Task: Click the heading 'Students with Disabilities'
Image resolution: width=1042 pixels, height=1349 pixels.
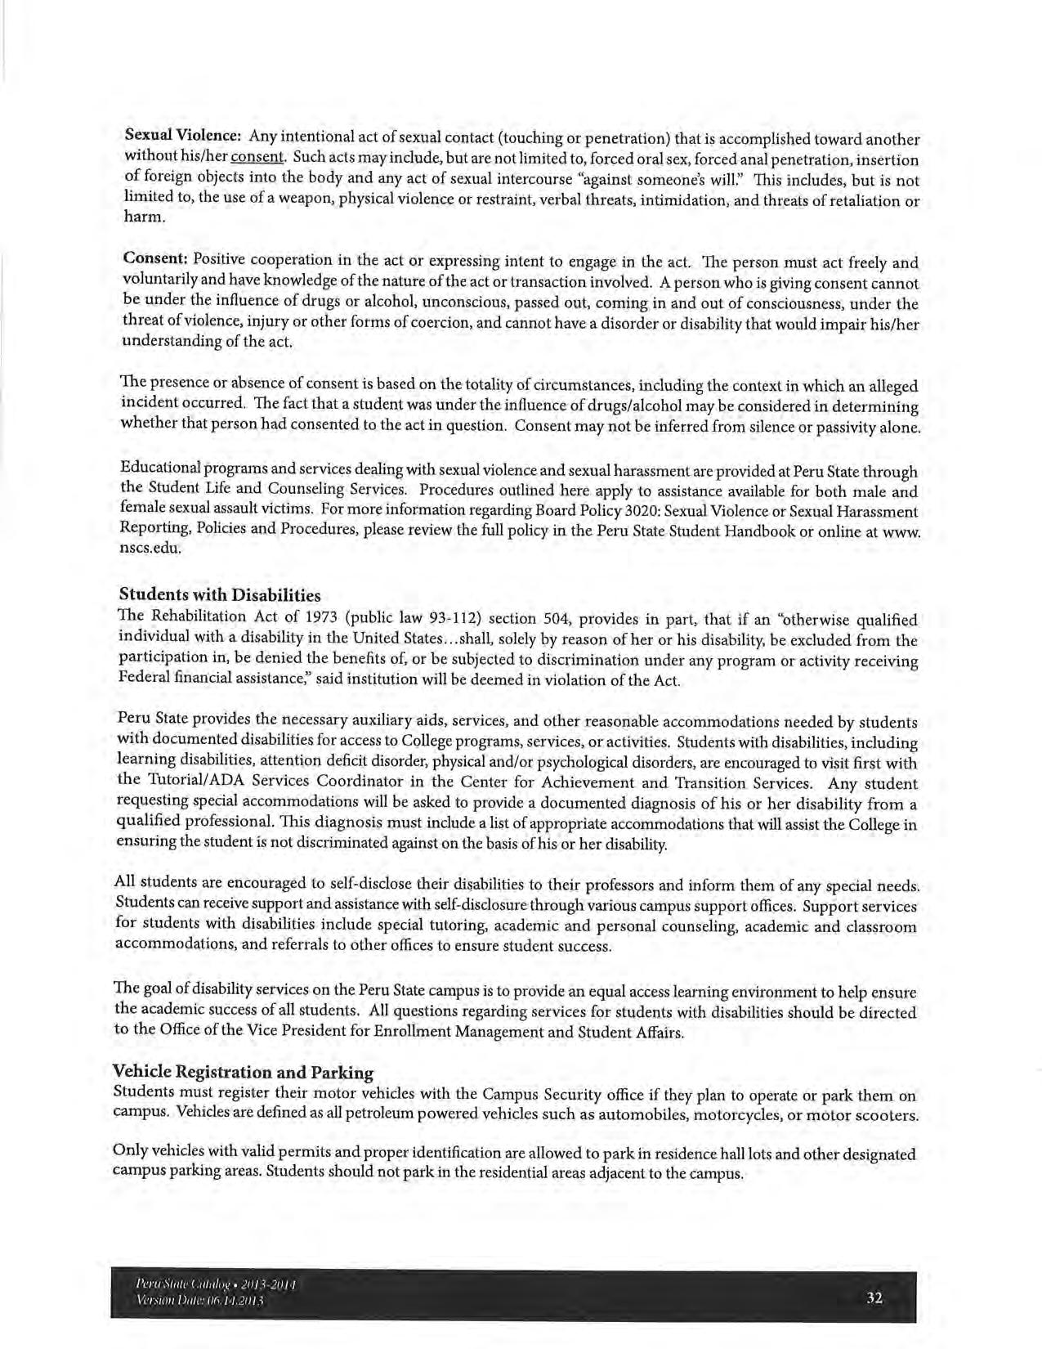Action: coord(220,594)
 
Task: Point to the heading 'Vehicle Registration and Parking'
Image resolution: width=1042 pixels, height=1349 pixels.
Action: coord(243,1072)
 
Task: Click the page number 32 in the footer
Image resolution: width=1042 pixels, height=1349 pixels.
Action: coord(874,1297)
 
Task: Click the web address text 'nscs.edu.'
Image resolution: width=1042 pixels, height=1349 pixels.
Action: coord(150,549)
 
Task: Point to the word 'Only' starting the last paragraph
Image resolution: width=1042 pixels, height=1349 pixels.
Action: coord(132,1153)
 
